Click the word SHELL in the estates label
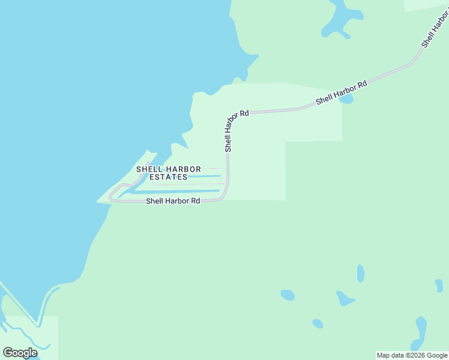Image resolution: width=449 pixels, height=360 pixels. (146, 169)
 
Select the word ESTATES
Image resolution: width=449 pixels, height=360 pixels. (168, 177)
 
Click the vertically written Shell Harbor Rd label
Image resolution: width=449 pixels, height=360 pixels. (228, 130)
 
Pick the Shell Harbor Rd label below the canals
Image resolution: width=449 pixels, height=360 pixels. (173, 201)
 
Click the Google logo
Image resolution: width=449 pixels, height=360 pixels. (20, 352)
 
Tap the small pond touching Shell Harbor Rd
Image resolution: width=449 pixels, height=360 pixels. (346, 99)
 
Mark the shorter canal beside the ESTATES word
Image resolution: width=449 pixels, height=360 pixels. (204, 176)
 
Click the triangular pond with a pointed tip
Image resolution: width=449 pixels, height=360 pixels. (345, 298)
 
